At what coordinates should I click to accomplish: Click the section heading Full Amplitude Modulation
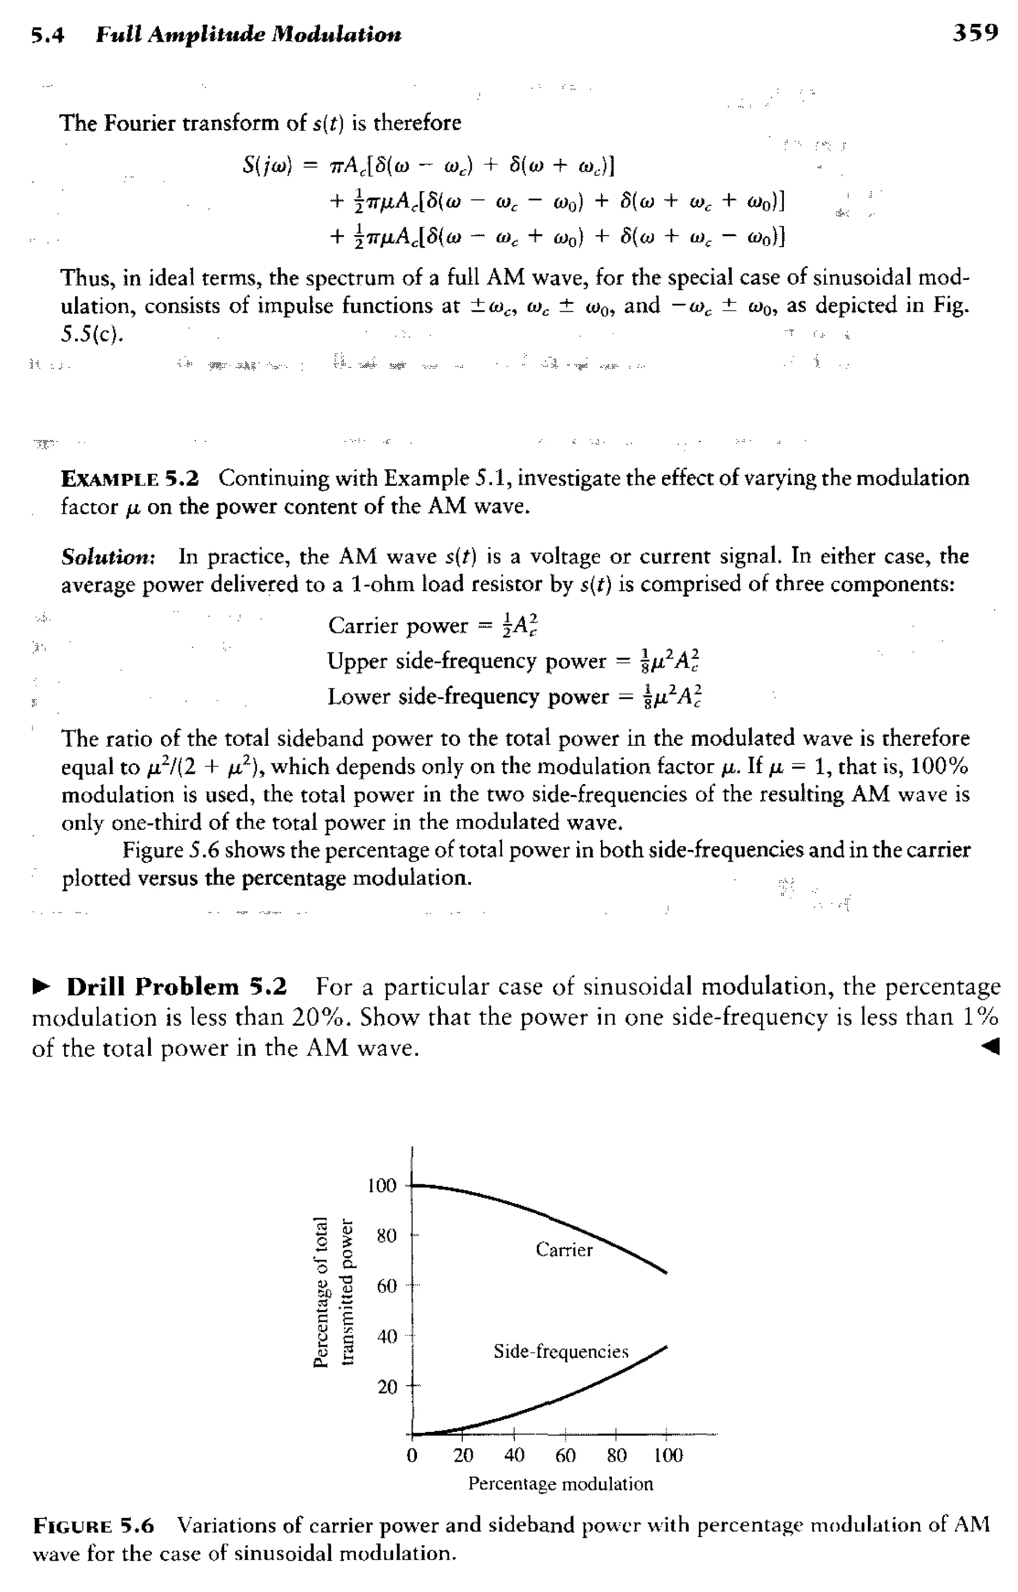click(x=248, y=34)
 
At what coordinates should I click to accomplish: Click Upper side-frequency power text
click(x=466, y=661)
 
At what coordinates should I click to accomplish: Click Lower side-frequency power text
click(x=467, y=697)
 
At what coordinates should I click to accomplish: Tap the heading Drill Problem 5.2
click(x=176, y=987)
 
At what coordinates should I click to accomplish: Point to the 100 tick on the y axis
click(x=381, y=1185)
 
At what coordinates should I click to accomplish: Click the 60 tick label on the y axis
click(x=387, y=1286)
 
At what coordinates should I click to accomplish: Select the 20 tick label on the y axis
click(x=387, y=1386)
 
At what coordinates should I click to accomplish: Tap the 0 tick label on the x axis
click(x=412, y=1456)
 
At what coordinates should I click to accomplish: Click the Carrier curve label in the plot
click(x=564, y=1249)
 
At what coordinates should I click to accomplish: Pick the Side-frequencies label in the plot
click(x=561, y=1351)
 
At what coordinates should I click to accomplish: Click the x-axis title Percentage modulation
click(x=560, y=1484)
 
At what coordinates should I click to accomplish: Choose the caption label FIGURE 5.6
click(x=93, y=1526)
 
